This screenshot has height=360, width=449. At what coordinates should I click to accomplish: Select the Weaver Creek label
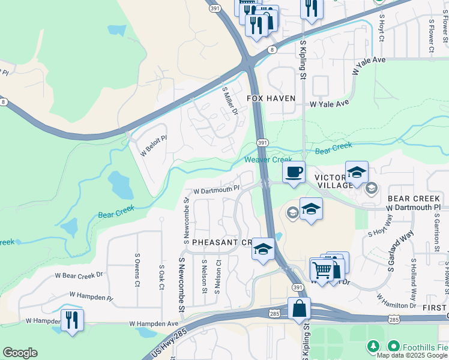[x=268, y=160]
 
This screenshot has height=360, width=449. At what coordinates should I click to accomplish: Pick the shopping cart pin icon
[x=322, y=270]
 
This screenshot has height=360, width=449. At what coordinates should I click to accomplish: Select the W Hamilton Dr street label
[x=396, y=302]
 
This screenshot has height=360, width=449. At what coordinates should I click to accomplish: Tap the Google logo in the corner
[x=20, y=353]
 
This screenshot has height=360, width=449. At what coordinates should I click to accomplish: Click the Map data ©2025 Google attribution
[x=412, y=355]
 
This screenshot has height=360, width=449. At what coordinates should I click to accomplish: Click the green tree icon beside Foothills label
[x=373, y=346]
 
